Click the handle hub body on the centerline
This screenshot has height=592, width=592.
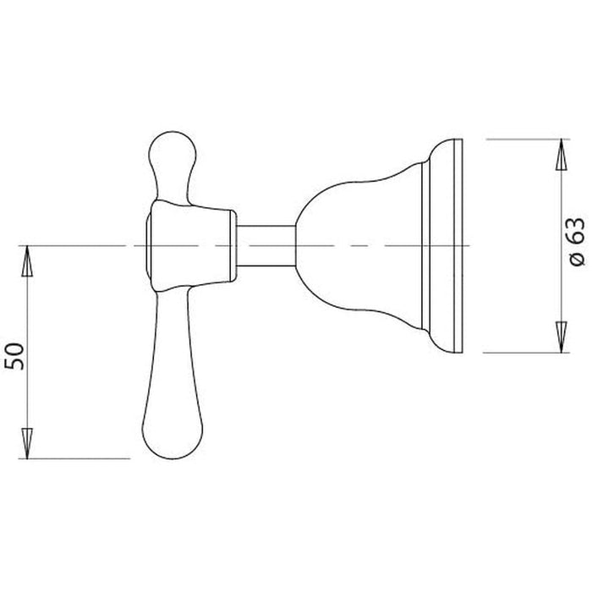point(190,245)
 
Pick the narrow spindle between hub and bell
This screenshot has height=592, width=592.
point(264,245)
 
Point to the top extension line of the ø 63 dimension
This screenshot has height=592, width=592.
point(524,137)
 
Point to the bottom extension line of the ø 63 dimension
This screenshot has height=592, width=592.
point(524,352)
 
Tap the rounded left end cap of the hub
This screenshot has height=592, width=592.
point(150,245)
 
